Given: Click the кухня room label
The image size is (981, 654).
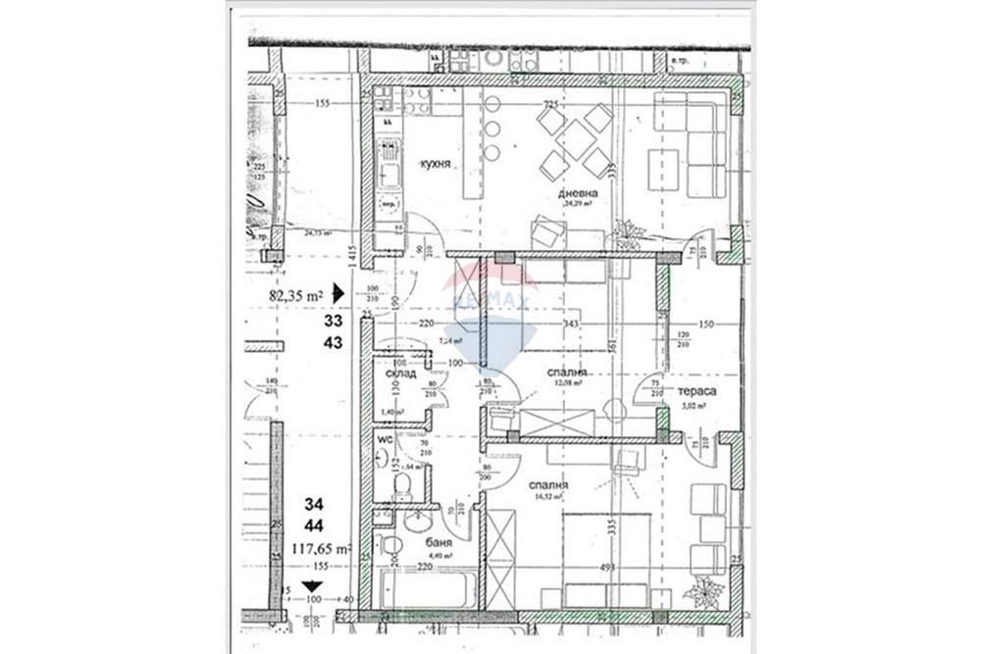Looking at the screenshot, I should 436,164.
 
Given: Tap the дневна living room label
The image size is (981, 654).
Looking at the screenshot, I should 578,194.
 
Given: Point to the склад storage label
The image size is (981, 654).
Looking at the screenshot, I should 401,374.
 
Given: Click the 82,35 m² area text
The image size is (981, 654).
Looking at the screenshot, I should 296,293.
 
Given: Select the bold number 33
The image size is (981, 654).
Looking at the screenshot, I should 334,320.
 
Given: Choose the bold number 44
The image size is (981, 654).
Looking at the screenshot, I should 313,526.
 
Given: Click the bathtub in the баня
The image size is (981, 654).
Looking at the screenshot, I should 424,589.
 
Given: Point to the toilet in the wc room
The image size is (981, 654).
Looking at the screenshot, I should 401,484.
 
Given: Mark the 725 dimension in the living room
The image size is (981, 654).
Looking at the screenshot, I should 550,104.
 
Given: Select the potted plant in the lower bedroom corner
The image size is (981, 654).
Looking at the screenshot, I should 704,591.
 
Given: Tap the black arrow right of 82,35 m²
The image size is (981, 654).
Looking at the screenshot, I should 338,292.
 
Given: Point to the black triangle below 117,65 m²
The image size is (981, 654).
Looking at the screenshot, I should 312,584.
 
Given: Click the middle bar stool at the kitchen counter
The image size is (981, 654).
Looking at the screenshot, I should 491,128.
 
